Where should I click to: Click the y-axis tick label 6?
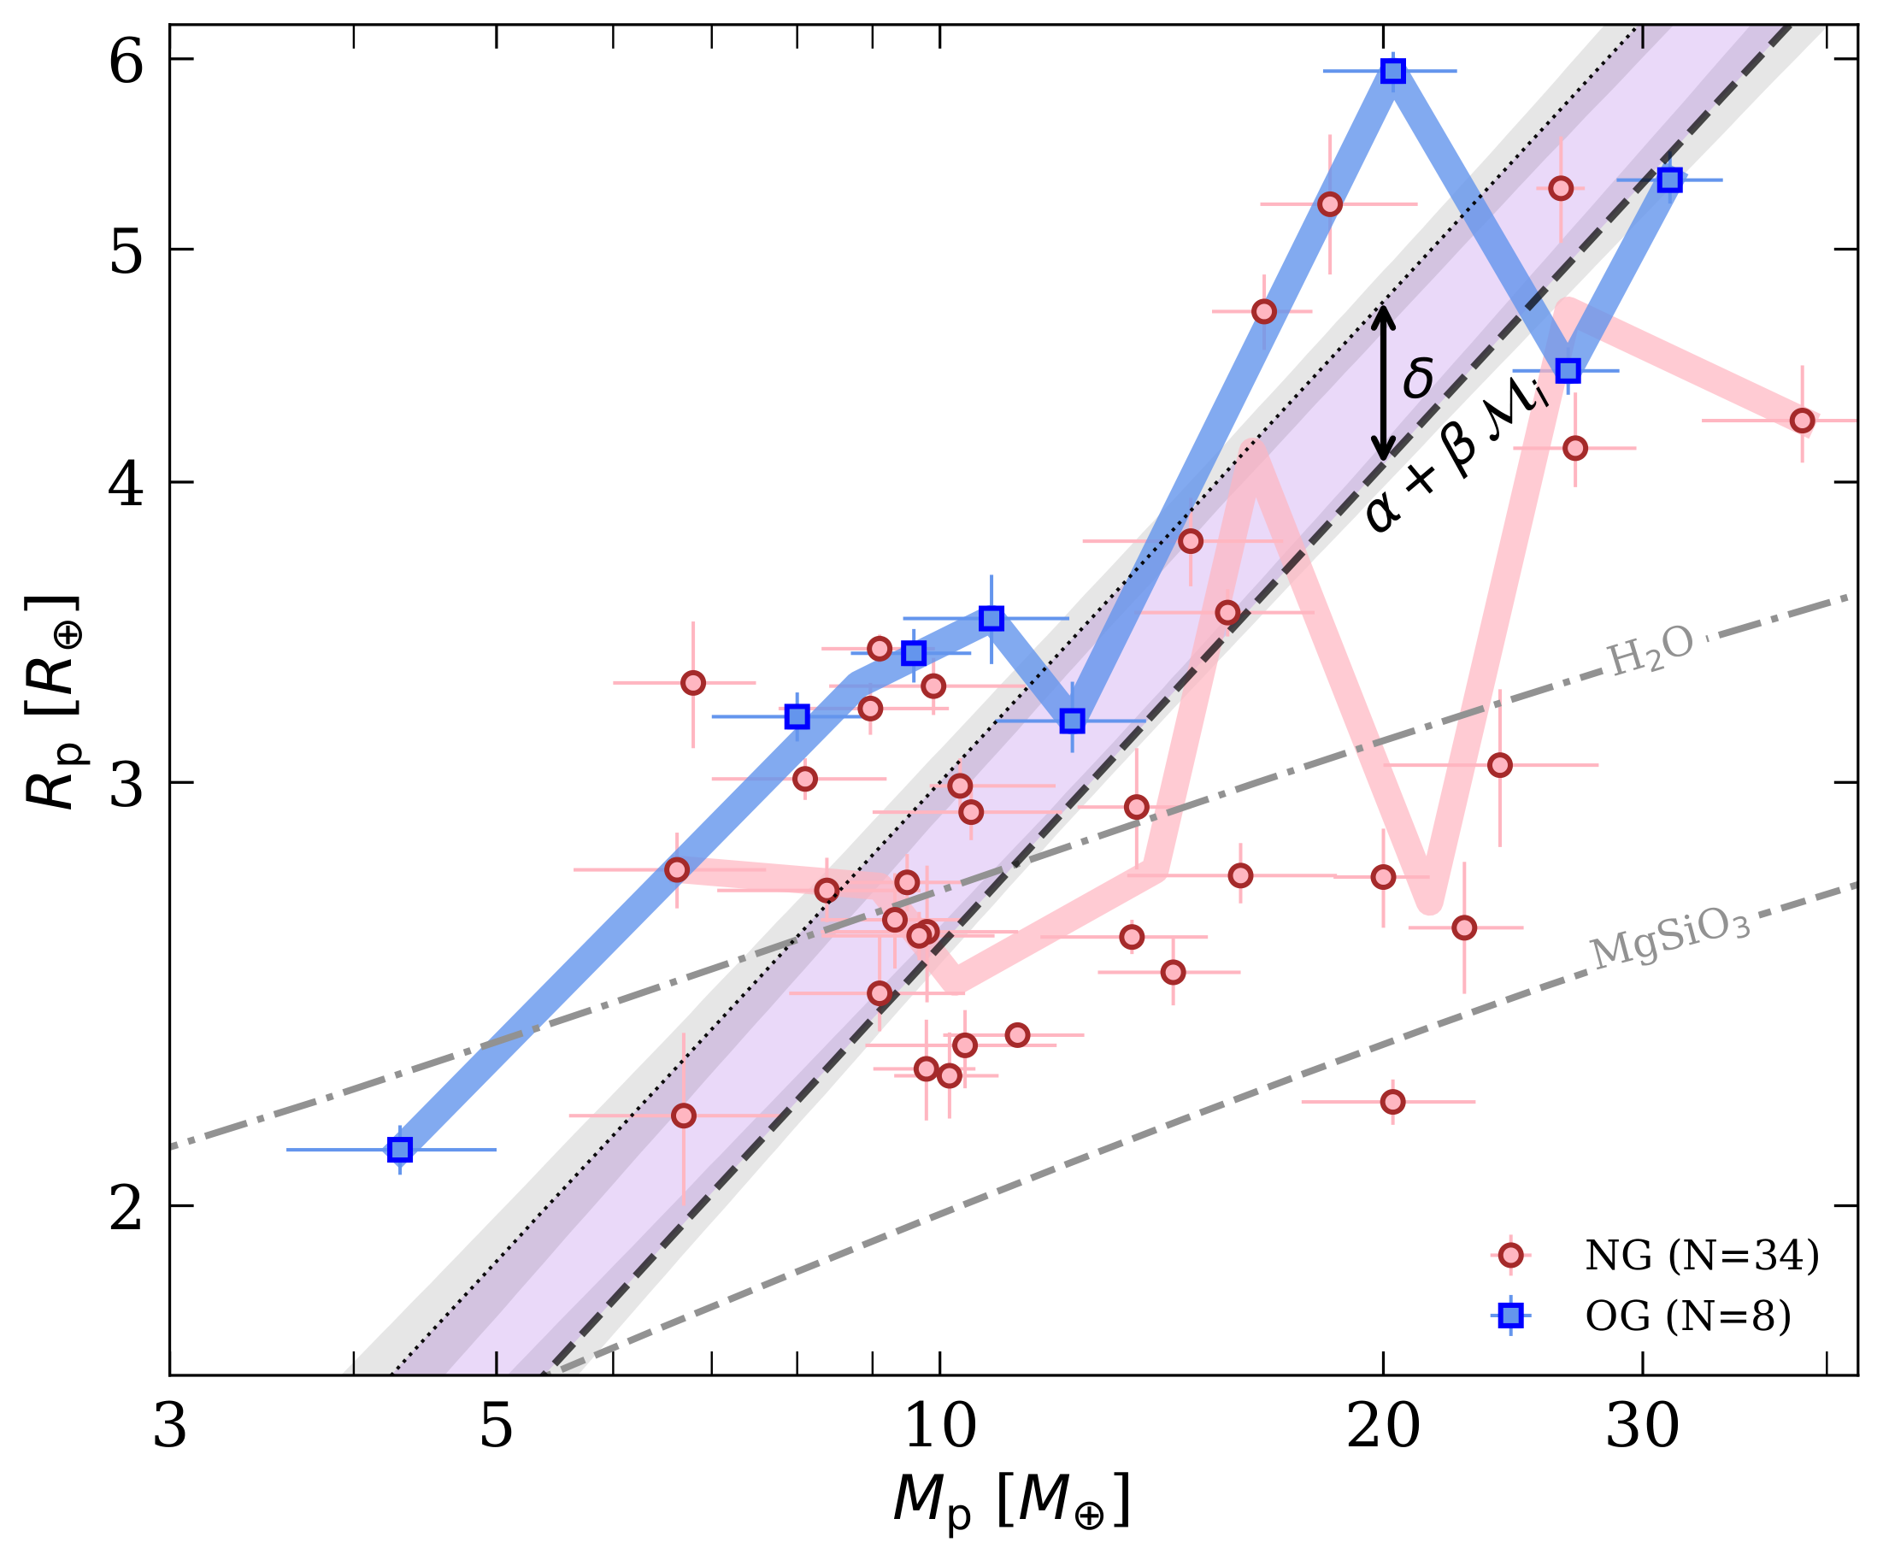click(x=126, y=62)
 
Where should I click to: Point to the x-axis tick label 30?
click(x=1642, y=1426)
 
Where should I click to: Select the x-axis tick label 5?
click(x=496, y=1426)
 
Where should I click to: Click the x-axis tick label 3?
click(x=169, y=1426)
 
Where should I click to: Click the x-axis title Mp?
click(x=1011, y=1501)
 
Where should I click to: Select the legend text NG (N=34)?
click(x=1702, y=1256)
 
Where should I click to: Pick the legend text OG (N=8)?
click(x=1687, y=1316)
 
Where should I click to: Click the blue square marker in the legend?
click(x=1511, y=1316)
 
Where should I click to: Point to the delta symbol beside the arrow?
click(x=1419, y=378)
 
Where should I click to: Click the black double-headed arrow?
click(x=1384, y=384)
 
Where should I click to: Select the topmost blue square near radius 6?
click(x=1392, y=71)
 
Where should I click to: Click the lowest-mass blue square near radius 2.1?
click(x=400, y=1150)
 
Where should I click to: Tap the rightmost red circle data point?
click(x=1803, y=421)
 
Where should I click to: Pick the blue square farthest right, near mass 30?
click(x=1668, y=180)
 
